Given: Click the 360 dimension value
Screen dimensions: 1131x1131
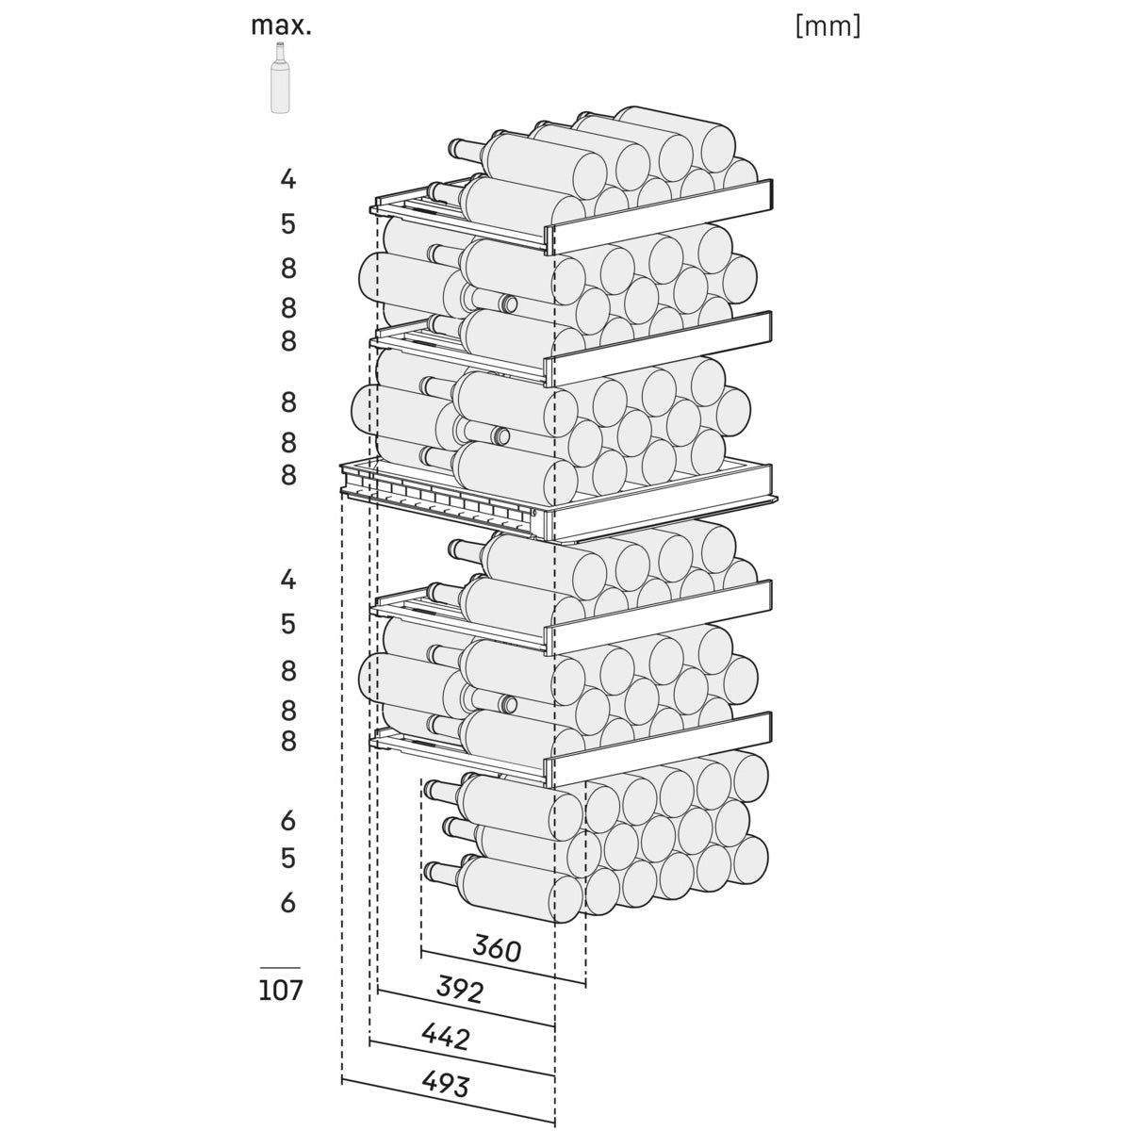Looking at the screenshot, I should tap(496, 949).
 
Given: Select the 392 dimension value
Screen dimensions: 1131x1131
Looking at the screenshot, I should tap(460, 990).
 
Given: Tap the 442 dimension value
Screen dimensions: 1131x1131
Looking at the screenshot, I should tap(445, 1038).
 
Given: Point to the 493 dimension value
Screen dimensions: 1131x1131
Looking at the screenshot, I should tap(446, 1085).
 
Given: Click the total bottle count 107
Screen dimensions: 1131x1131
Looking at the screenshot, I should tap(281, 991).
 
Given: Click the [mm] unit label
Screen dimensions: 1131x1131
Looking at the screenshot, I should tap(828, 26).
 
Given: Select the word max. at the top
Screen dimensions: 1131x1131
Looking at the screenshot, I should tap(281, 25).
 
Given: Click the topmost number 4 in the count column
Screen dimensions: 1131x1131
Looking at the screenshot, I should tap(288, 178).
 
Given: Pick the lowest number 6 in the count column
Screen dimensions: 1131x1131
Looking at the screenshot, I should tap(288, 903).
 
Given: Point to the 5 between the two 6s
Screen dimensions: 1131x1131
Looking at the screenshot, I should tap(288, 859).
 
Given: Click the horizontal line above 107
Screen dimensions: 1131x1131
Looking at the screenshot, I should tap(281, 968).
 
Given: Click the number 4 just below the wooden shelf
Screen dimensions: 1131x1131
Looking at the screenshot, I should tap(288, 580).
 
